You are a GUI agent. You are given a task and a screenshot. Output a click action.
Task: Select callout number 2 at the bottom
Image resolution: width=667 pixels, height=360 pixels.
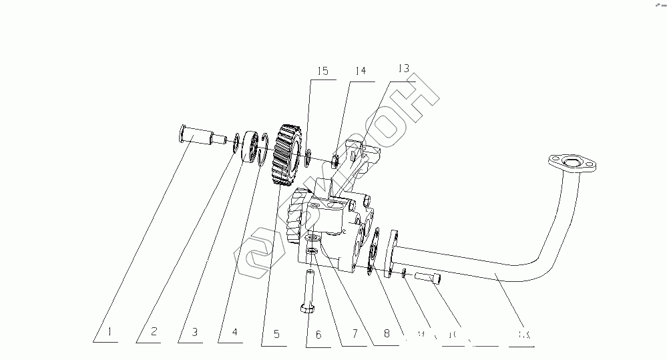tap(153, 332)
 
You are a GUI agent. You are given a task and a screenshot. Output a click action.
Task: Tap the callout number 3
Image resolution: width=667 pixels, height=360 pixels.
tap(194, 332)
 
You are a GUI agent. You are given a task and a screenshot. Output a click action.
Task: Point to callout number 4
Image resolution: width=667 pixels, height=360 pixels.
tap(235, 332)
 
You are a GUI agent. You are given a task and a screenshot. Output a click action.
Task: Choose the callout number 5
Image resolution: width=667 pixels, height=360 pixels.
tap(276, 335)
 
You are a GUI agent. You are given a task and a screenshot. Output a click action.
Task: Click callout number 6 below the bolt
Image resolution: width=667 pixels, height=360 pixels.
tap(318, 335)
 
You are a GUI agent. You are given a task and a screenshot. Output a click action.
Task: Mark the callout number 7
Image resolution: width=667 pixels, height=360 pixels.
tap(355, 333)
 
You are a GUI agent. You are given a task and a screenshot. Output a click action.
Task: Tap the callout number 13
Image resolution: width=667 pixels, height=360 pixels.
tap(403, 68)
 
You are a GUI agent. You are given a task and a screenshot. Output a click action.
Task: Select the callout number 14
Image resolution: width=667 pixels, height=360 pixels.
tap(361, 71)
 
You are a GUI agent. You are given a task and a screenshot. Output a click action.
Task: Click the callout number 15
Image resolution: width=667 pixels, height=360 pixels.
tap(323, 71)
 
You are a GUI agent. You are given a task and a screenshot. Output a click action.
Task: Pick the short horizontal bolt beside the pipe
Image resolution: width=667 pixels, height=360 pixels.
tap(428, 277)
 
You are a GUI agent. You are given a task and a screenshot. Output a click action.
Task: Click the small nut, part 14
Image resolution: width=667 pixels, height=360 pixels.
tap(338, 160)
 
